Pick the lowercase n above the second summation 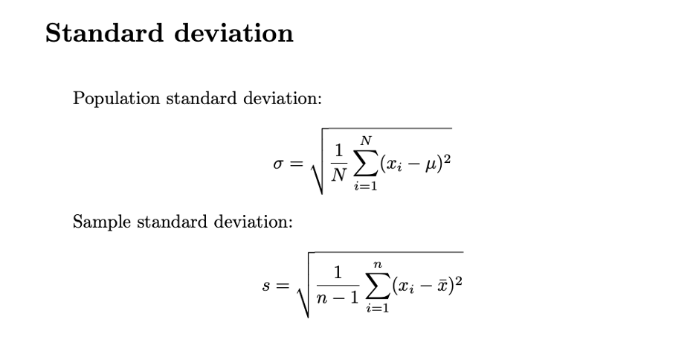click(378, 263)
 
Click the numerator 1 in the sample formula click(338, 274)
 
